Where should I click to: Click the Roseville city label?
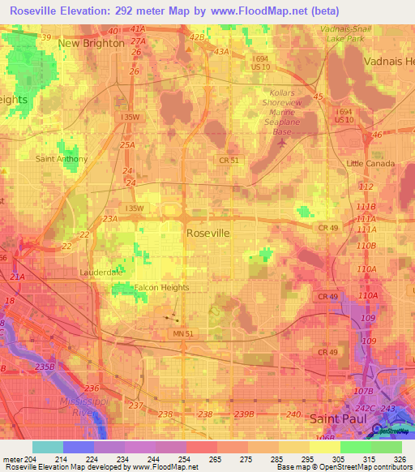click(208, 233)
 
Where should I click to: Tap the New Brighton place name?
click(92, 43)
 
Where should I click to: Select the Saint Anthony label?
click(61, 159)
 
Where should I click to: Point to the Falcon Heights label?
click(162, 287)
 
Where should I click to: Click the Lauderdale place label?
click(101, 272)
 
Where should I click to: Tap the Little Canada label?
click(370, 164)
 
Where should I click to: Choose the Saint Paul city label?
click(339, 418)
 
